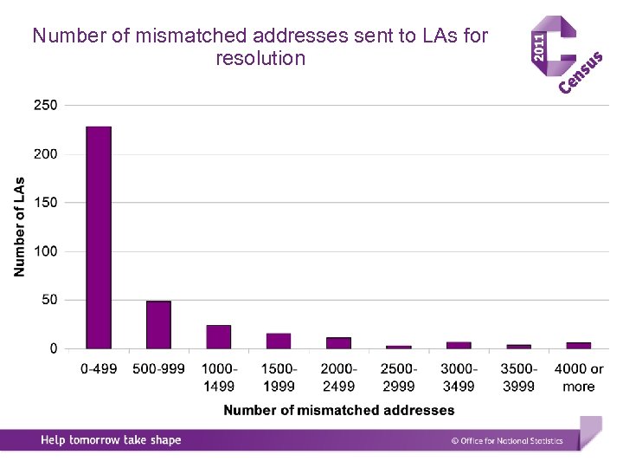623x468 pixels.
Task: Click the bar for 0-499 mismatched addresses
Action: coord(99,237)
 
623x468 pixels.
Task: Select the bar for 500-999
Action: coord(158,325)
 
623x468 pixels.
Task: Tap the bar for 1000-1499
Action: coord(219,337)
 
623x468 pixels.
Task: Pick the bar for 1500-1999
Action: coord(279,341)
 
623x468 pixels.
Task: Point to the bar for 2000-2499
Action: coord(338,343)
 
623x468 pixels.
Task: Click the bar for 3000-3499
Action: coord(459,345)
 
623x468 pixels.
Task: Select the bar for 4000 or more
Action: coord(579,345)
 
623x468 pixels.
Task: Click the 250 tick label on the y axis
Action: coord(45,105)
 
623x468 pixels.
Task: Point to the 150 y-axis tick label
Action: coord(45,203)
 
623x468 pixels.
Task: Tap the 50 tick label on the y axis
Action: coord(48,300)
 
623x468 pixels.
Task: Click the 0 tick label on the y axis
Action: coord(53,348)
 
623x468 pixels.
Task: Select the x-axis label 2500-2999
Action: coord(399,377)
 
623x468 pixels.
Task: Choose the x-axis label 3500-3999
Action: coord(518,377)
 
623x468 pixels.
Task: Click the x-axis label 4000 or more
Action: coord(579,377)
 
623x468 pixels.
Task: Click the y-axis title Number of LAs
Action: coord(19,227)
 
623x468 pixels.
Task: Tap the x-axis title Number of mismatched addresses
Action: coord(338,410)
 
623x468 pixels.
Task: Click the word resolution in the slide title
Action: coord(260,59)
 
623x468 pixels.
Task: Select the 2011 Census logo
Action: coord(564,54)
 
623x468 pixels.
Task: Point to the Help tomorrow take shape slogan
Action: coord(111,440)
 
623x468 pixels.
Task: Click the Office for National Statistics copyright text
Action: coord(507,441)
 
